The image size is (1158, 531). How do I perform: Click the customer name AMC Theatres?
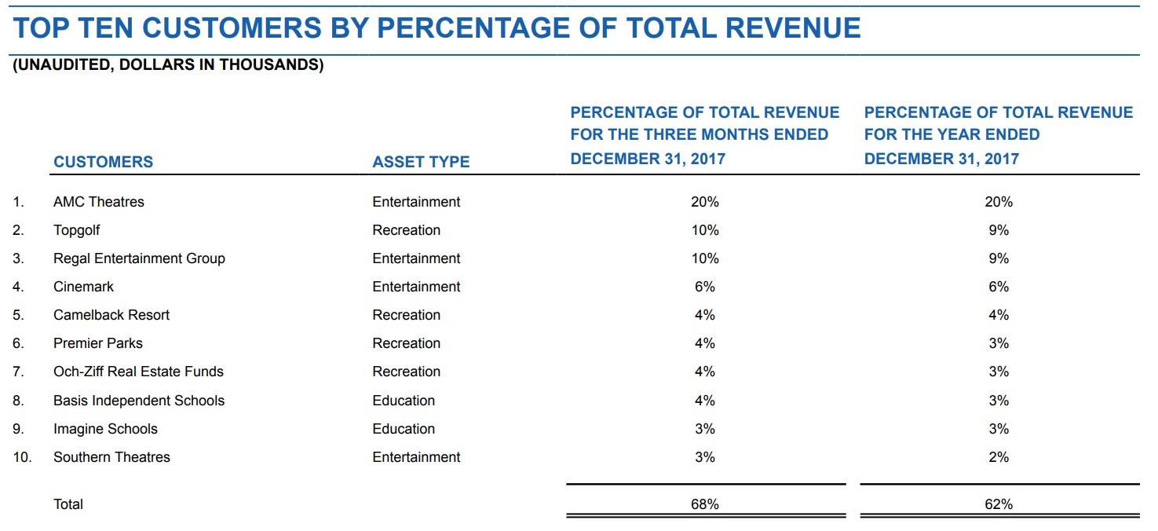(x=99, y=202)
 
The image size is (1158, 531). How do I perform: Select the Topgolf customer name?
(x=77, y=230)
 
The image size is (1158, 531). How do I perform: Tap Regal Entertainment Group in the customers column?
(x=139, y=258)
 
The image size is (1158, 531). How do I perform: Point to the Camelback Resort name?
(x=111, y=315)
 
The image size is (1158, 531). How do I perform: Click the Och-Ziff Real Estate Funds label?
(x=138, y=372)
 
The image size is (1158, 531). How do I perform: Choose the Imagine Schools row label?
(x=105, y=429)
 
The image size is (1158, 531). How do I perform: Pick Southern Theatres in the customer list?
(x=111, y=457)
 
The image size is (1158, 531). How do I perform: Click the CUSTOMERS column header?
(x=103, y=162)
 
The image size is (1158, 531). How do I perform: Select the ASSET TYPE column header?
(x=421, y=162)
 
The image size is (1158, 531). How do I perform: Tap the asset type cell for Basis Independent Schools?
(x=404, y=401)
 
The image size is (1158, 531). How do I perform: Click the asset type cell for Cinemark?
(x=416, y=287)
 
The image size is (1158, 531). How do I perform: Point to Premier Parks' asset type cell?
(x=406, y=343)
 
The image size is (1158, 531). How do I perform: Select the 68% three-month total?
(x=704, y=504)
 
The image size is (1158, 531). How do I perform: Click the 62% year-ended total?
(x=999, y=504)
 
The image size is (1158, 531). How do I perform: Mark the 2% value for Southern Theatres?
(x=999, y=457)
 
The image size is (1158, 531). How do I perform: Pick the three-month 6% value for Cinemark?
(x=704, y=287)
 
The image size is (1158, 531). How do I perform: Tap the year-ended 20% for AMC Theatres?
(x=999, y=202)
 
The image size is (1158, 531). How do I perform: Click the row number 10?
(x=22, y=457)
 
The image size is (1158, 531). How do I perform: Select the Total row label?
(x=68, y=504)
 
